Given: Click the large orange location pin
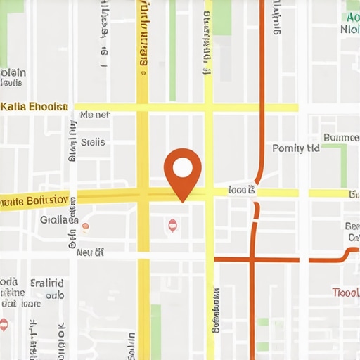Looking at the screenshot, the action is point(182,172).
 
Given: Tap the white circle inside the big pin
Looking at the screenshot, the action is point(182,167).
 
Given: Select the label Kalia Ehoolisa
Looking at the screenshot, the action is point(34,107).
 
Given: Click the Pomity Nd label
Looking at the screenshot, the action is point(296,148).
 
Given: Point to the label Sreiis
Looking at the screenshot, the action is point(93,142).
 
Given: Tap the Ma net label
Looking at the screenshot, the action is point(95,115).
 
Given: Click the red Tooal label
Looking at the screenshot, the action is point(346,292).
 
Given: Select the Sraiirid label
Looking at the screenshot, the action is point(48,283).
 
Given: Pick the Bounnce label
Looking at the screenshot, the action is point(340,137).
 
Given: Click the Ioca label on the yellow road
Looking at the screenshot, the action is point(242,191).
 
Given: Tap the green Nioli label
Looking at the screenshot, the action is point(349,30).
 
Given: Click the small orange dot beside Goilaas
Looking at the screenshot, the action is point(85,226).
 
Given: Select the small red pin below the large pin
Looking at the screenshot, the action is point(172,225).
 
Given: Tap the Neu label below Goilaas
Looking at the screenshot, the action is point(90,252).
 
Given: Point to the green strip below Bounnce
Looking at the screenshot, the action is point(344,166).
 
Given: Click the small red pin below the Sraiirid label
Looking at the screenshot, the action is point(4,324).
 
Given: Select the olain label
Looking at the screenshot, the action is point(13,72).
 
